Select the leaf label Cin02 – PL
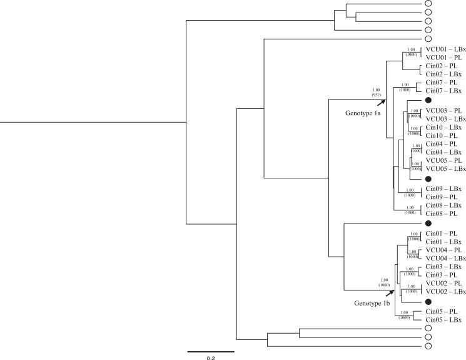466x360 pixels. coord(442,65)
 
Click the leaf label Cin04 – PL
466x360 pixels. coord(442,144)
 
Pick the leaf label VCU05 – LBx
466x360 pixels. coord(445,169)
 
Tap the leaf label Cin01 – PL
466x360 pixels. coord(442,233)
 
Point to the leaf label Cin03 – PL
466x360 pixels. coord(442,275)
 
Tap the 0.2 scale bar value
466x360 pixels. coord(211,358)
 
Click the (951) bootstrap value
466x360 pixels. coord(375,95)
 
